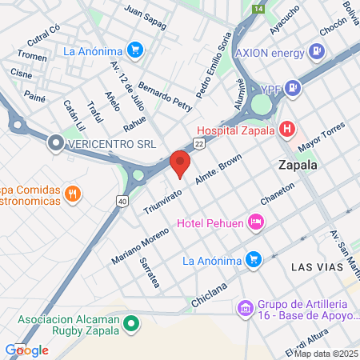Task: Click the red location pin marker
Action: click(x=180, y=162)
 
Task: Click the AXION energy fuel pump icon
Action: click(x=318, y=53)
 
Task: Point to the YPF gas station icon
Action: click(x=294, y=88)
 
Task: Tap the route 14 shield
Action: click(x=258, y=8)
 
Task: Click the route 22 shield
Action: click(x=198, y=142)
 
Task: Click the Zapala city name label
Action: click(x=298, y=166)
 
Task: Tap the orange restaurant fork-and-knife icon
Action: click(x=73, y=193)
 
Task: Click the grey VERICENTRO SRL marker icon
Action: click(x=55, y=144)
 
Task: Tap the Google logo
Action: click(x=26, y=350)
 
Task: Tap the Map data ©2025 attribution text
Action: click(x=325, y=353)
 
